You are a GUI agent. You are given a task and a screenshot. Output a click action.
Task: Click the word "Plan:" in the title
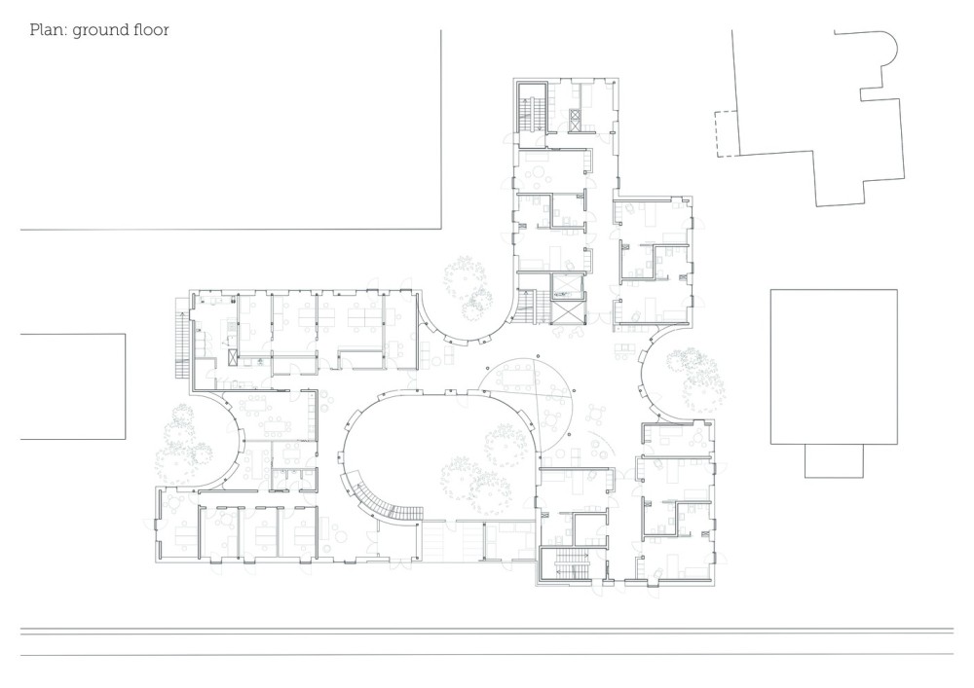49,30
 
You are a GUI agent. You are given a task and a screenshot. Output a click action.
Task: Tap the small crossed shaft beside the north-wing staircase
575,119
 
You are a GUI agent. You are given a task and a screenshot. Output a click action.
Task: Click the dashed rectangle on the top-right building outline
725,133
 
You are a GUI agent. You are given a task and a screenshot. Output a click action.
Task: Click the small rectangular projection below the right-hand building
834,461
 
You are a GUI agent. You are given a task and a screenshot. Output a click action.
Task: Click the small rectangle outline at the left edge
73,386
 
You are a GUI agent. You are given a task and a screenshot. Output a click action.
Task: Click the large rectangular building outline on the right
834,367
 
